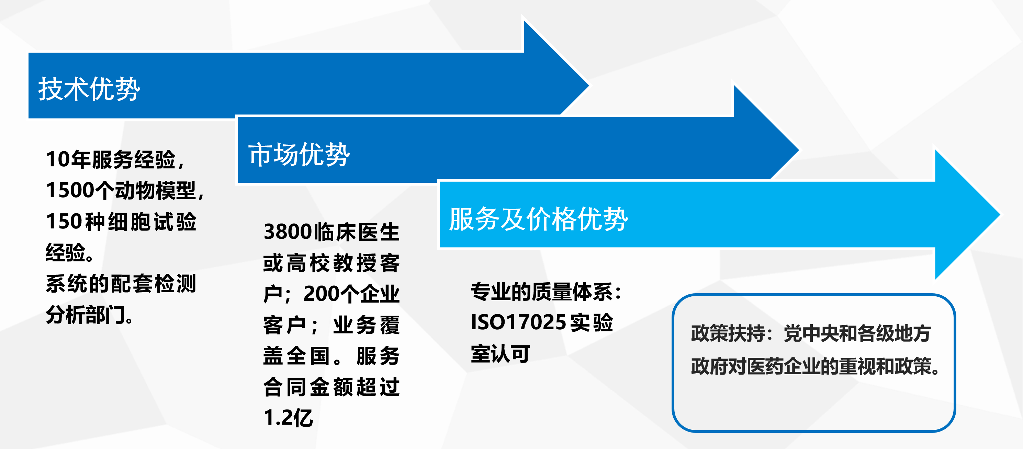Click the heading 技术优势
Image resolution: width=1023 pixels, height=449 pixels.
click(x=89, y=89)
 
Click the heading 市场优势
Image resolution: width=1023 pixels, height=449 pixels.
click(x=299, y=154)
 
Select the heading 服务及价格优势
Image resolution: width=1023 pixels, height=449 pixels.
click(x=539, y=218)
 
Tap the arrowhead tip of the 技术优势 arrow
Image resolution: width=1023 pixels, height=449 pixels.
click(x=588, y=85)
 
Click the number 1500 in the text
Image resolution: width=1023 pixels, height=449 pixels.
click(x=70, y=190)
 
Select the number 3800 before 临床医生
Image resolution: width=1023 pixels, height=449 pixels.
click(x=288, y=232)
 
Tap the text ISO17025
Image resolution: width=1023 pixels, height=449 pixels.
click(x=518, y=322)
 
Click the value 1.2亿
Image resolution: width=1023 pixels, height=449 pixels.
click(x=288, y=418)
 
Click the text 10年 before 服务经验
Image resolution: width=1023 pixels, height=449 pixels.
click(x=68, y=159)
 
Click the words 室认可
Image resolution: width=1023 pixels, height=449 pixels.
click(x=501, y=353)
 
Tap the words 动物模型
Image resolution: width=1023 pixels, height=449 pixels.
click(x=156, y=190)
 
